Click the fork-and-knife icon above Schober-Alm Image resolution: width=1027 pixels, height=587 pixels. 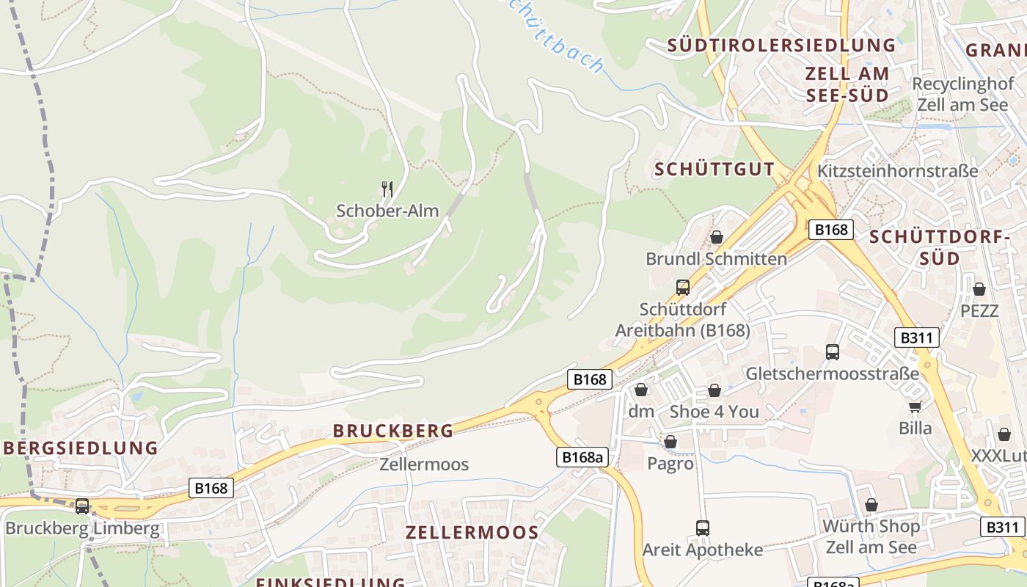point(387,189)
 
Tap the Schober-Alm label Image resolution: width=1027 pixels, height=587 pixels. point(387,211)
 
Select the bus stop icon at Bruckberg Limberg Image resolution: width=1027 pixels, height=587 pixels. point(82,506)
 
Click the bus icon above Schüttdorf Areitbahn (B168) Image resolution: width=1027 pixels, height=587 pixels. point(683,287)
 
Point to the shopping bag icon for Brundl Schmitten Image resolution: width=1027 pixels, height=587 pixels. point(717,237)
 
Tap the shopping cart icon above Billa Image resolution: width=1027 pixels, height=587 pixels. point(915,406)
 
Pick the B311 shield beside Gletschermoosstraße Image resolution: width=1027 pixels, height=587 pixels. point(917,338)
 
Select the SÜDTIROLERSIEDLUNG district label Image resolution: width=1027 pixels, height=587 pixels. point(781,45)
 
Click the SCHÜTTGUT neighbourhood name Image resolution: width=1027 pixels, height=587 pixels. point(714,169)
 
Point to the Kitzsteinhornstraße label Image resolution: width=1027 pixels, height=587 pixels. point(897,171)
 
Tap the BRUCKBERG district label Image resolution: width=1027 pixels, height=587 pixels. point(393,431)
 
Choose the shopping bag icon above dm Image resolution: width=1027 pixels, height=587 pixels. point(641,390)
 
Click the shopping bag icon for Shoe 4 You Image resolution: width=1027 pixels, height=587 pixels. point(714,390)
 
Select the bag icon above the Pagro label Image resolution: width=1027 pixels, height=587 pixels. point(670,442)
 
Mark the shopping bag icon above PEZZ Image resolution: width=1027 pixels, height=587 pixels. point(979,289)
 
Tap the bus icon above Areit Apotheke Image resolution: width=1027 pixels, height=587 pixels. point(702,528)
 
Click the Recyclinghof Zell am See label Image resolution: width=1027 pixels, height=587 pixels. point(962,94)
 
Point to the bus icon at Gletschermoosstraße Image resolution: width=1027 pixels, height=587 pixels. point(832,352)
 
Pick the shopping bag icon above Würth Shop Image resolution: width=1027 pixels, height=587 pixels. point(871,505)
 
